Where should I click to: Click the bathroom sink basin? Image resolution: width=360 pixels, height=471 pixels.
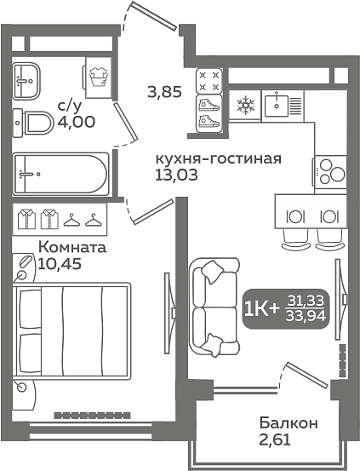coord(26,81)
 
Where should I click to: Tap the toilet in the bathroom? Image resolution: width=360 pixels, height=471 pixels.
coord(33,123)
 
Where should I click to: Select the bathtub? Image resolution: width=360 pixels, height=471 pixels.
coord(61,174)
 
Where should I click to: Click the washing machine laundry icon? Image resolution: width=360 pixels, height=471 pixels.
coord(99,78)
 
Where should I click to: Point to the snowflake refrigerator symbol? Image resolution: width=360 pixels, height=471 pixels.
coord(246,105)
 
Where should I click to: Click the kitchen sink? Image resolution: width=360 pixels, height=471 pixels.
coord(283,106)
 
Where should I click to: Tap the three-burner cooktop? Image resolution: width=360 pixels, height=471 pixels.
coord(330,172)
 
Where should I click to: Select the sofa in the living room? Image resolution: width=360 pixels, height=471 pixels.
coord(214,307)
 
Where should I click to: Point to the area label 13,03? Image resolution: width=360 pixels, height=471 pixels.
coord(176,175)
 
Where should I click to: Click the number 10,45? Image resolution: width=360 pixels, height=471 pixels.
coord(60,263)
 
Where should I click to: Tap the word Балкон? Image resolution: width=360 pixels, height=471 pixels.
coord(289,423)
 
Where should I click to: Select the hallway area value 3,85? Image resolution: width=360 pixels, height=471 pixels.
coord(165,92)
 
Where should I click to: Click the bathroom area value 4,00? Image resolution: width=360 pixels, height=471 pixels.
coord(77,122)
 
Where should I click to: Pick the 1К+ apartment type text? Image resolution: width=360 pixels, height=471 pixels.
coord(262,309)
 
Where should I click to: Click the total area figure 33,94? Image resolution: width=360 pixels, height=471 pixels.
coord(306,315)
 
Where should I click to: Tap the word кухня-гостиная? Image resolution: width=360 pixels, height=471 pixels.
coord(219,158)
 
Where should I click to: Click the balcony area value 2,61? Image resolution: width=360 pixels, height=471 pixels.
coord(275,440)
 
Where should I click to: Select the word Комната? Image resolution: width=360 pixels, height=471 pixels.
coord(72,248)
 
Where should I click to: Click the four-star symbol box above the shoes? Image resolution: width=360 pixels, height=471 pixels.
coord(209,81)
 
